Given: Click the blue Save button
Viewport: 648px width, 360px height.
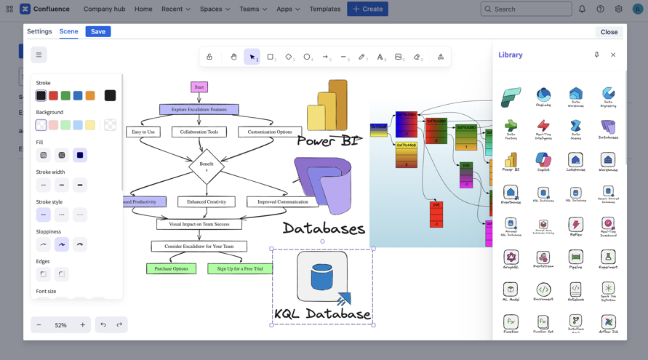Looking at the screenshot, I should coord(97,31).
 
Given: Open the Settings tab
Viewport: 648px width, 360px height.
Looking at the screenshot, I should coord(39,31).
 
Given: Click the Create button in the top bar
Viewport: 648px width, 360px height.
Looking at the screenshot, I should coord(367,9).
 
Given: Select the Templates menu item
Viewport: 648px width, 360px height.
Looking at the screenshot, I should coord(324,9).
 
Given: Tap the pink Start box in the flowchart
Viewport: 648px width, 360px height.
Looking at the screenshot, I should coord(199,87).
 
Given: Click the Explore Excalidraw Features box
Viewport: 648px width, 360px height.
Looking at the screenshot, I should coord(199,110).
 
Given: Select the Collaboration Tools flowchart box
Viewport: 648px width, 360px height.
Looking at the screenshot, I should coord(199,132).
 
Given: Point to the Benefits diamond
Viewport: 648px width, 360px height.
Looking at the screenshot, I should coord(207,167).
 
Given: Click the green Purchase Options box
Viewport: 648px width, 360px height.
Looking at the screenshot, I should coord(171,268).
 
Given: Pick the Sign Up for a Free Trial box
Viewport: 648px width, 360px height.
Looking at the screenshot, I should coord(240,268).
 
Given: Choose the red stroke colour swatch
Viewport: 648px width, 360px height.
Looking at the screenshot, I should coord(53,95).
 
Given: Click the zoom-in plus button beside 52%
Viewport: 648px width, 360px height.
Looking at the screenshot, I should coord(83,324).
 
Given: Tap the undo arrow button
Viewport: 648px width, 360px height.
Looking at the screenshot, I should coord(103,324).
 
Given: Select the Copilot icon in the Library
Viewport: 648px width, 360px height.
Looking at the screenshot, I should coord(543,161).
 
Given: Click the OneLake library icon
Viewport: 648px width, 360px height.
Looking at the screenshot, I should coord(543,95).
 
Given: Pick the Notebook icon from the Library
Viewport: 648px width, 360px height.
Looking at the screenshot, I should coord(575,291).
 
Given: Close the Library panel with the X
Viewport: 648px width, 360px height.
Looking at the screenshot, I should coord(613,55).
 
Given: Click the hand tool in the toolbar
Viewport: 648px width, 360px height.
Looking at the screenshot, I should coord(233,57).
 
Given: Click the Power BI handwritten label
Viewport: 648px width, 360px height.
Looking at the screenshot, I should coord(329,141).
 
